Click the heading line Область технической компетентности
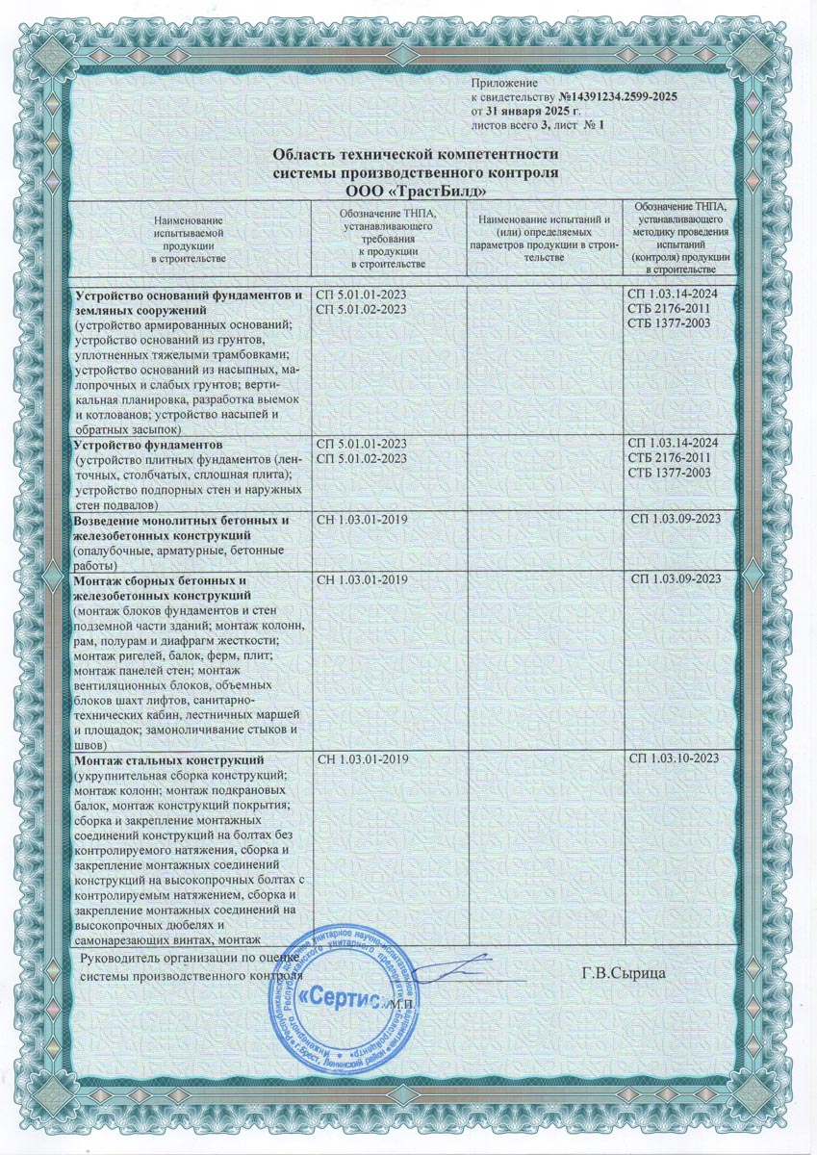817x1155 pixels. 416,155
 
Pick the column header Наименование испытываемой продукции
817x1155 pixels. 189,241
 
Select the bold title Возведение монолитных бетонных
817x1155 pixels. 181,521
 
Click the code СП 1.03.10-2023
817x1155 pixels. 674,760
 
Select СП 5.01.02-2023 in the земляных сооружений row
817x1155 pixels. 361,308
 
